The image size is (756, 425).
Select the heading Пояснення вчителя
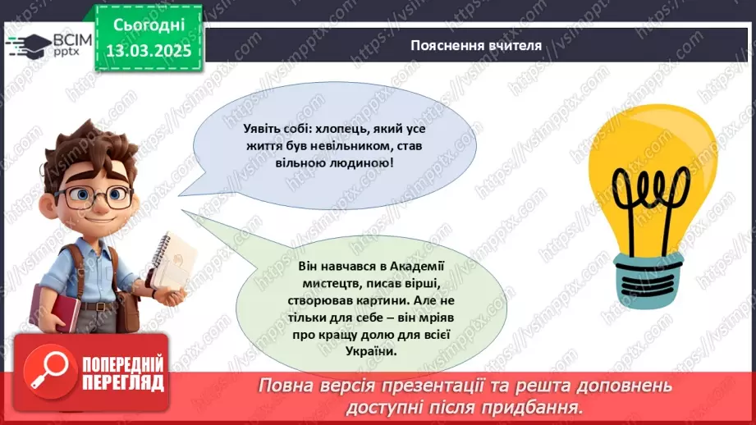[476, 46]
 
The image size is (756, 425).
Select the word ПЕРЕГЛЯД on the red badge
[123, 382]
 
